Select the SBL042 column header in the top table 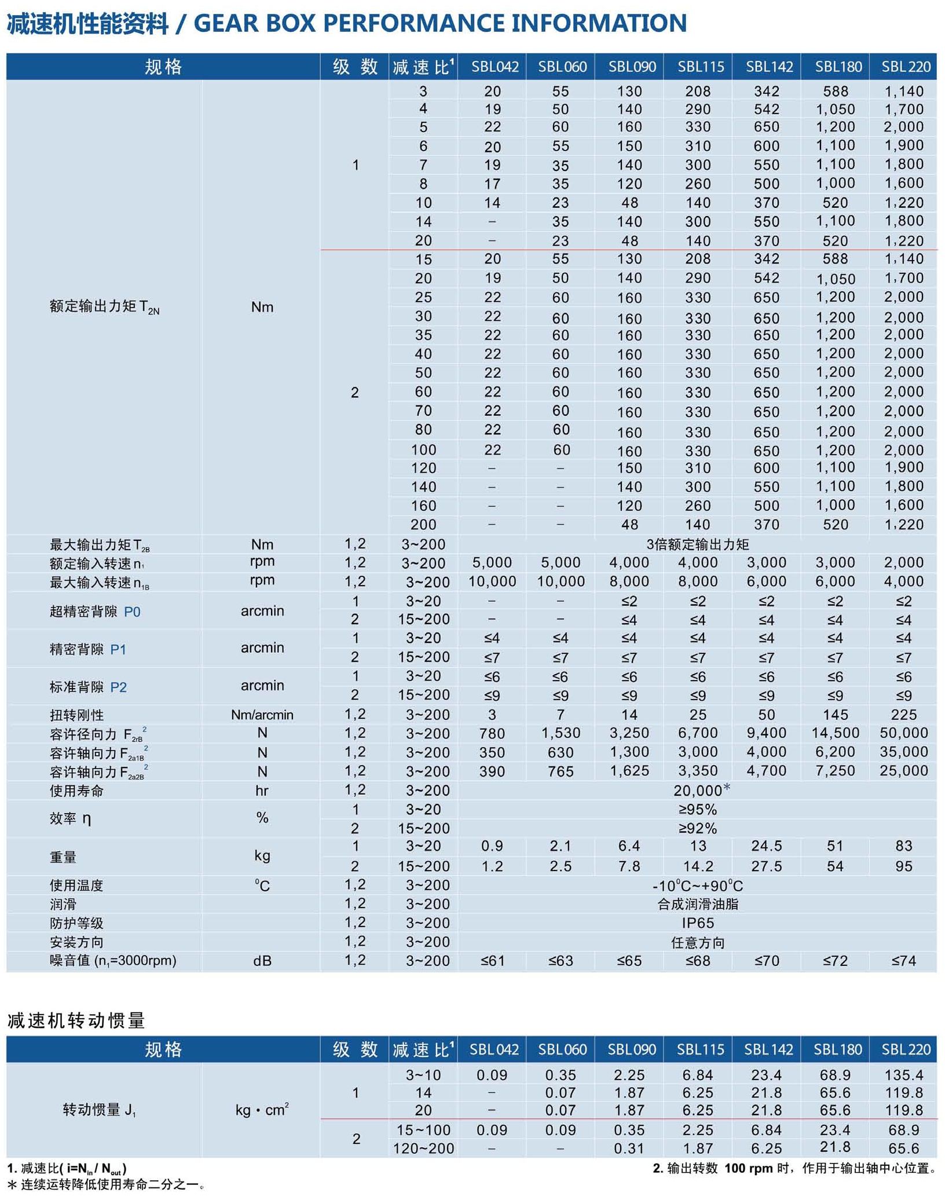494,67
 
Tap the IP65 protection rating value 697,923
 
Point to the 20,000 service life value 697,791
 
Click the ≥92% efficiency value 697,828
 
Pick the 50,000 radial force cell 903,733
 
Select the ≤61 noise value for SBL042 492,961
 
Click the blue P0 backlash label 132,612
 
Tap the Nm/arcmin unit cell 262,715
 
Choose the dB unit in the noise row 262,961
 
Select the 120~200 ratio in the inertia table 423,1148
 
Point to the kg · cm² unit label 262,1110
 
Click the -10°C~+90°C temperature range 697,886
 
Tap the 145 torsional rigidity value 835,715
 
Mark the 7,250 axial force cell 835,771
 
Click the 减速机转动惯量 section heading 76,1020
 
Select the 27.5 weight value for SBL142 766,866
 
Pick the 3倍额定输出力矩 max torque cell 697,544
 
